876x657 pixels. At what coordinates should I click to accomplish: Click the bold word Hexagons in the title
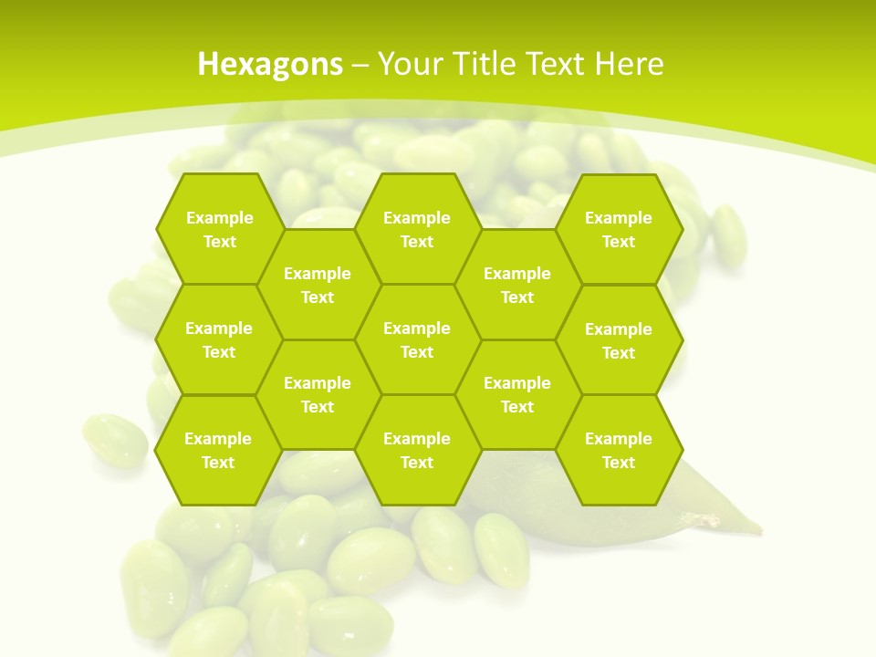pos(270,64)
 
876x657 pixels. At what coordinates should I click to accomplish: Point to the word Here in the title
pos(629,64)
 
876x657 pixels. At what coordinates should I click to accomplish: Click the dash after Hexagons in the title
pos(360,65)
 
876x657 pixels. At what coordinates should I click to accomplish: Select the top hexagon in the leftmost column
pos(219,229)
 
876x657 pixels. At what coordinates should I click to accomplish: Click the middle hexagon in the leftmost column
pos(219,339)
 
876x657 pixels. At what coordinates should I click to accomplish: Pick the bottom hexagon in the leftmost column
pos(218,450)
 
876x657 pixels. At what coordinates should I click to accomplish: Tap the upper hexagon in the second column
pos(318,285)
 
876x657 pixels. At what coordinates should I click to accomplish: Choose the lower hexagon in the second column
pos(318,394)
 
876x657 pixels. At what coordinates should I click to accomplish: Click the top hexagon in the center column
pos(417,229)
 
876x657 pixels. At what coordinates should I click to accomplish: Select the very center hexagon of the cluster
pos(417,339)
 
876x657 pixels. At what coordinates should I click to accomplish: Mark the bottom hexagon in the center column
pos(417,450)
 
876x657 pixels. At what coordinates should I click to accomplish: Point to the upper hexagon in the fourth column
pos(517,285)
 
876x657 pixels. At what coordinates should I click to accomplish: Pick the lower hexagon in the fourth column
pos(517,394)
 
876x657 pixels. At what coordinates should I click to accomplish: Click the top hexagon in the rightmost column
pos(619,229)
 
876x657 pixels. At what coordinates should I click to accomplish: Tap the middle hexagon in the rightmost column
pos(619,340)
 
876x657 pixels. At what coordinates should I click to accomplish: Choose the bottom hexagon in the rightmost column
pos(619,450)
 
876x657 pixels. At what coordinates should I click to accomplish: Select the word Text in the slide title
pos(554,64)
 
